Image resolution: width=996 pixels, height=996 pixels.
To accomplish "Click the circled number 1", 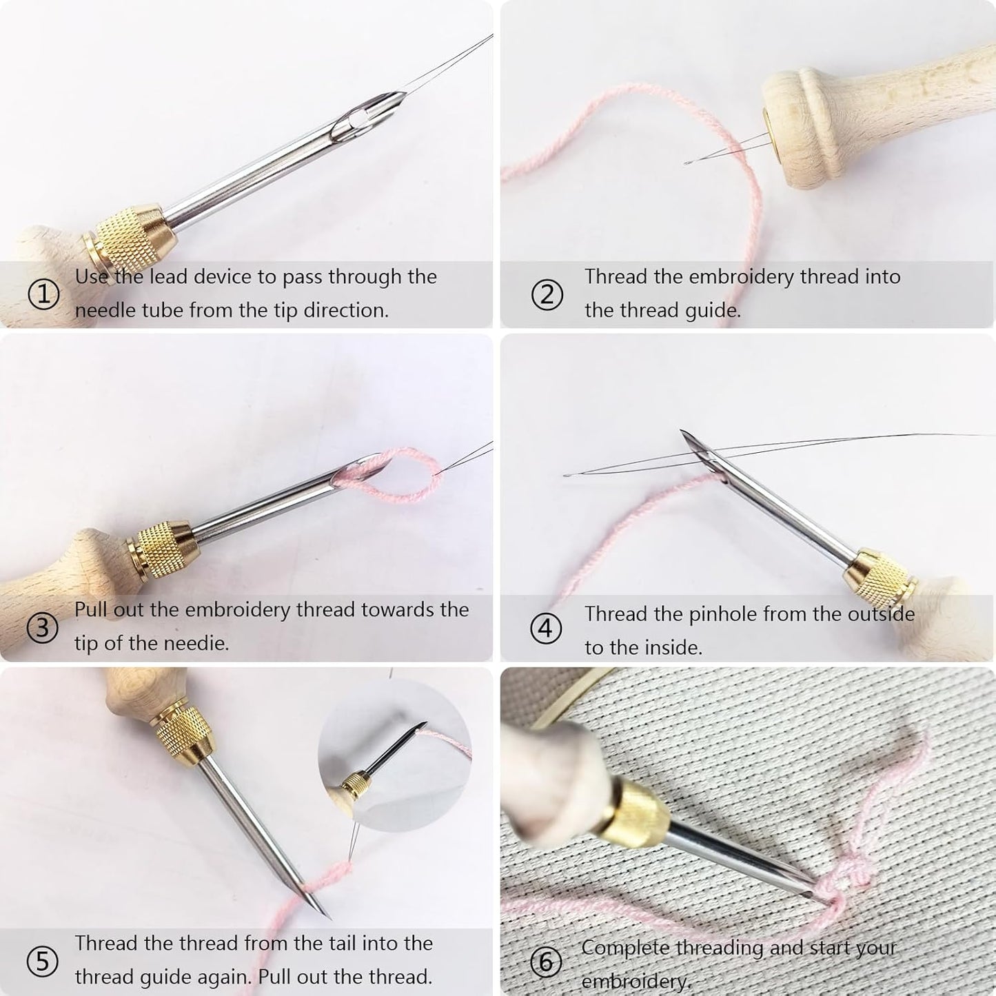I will click(43, 295).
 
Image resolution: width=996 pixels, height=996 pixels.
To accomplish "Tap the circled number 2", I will click(547, 295).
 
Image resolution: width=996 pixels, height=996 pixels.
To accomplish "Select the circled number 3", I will click(43, 628).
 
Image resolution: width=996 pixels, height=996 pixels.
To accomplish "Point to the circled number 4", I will click(546, 629).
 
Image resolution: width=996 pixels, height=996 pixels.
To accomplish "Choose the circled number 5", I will click(43, 961).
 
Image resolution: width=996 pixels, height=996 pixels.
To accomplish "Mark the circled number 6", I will click(547, 961).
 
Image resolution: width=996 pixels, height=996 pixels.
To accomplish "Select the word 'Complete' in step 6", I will click(625, 948).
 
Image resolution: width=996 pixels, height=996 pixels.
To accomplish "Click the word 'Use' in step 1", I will click(91, 276).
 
